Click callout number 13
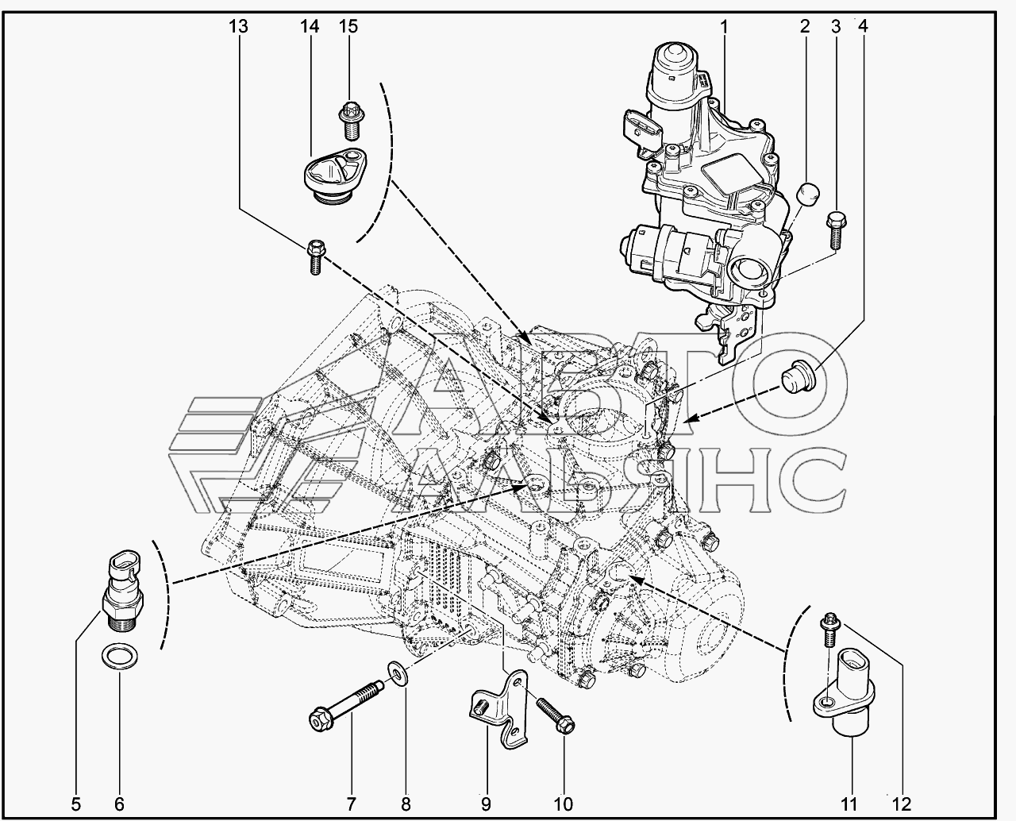[x=238, y=26]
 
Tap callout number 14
[x=309, y=26]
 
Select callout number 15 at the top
[x=348, y=26]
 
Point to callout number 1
[x=724, y=27]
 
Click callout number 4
[x=863, y=26]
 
